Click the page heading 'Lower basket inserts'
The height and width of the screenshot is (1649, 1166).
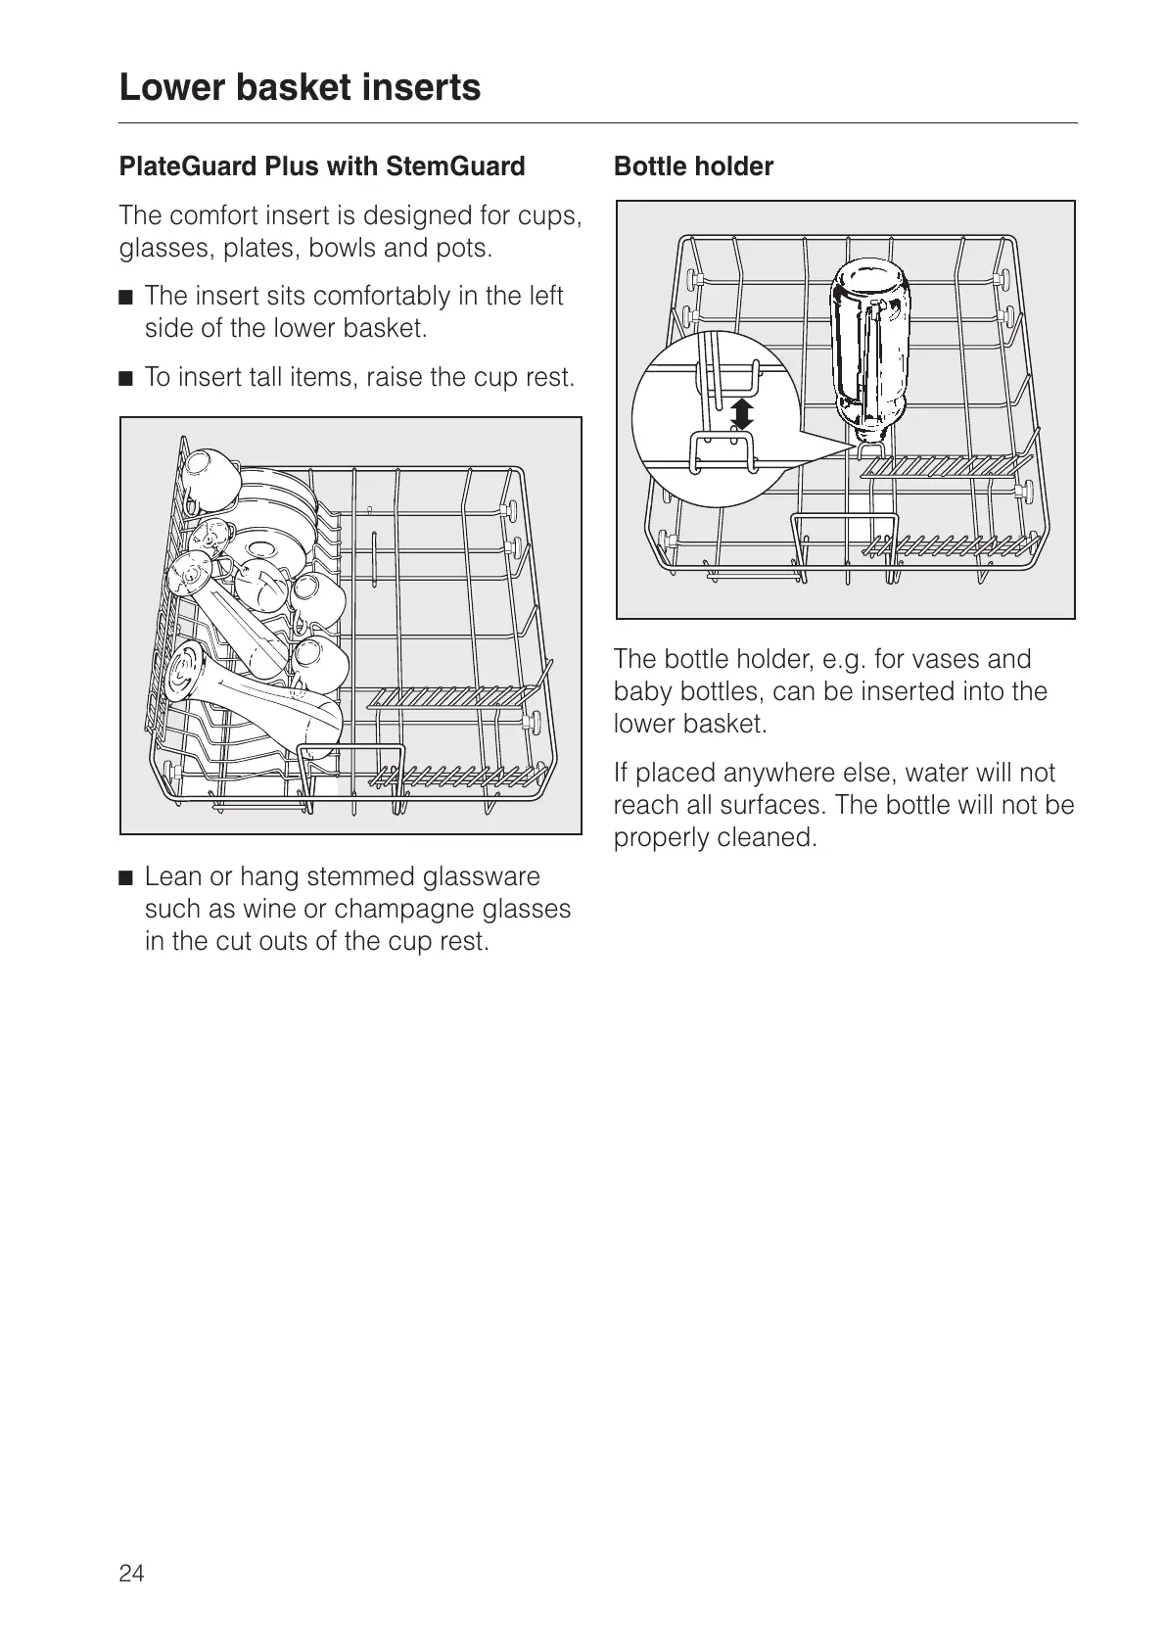pyautogui.click(x=300, y=87)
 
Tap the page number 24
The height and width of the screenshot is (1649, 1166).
pyautogui.click(x=131, y=1573)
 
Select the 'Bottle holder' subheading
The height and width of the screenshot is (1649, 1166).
pyautogui.click(x=693, y=166)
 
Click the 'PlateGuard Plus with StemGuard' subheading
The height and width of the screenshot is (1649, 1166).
pyautogui.click(x=322, y=166)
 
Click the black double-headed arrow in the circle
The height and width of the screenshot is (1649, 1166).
pyautogui.click(x=744, y=413)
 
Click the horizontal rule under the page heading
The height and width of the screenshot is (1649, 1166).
pyautogui.click(x=597, y=123)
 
